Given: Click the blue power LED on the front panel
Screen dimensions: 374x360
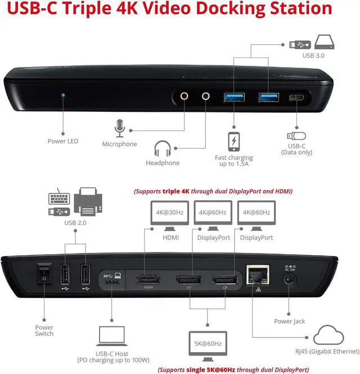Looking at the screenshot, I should coord(63,96).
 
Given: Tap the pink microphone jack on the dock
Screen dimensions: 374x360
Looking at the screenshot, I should coord(184,96).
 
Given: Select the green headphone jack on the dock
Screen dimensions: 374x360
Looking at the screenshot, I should coord(205,96).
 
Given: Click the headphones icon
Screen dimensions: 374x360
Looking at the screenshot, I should coord(163,149).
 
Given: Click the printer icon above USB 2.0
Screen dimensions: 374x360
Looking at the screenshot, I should coord(91,202).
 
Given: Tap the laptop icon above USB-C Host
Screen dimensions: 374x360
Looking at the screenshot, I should coord(106,337).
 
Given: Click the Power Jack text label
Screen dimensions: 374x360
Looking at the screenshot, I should coord(290,321).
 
